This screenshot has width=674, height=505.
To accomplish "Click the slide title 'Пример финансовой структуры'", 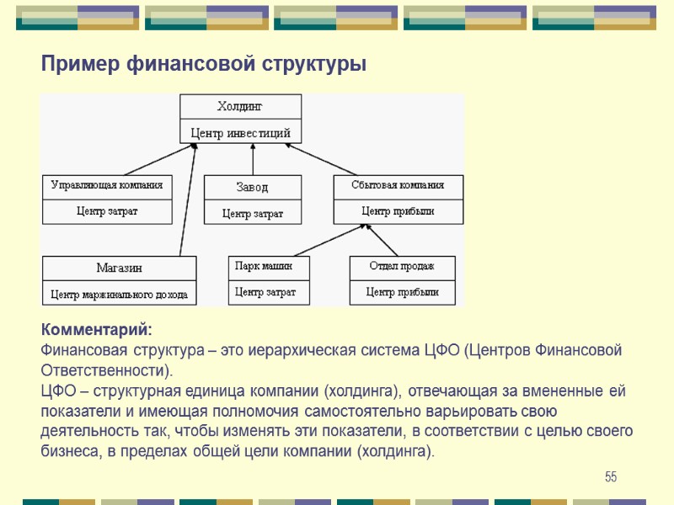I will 204,64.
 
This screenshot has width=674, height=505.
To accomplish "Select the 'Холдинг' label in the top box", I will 240,106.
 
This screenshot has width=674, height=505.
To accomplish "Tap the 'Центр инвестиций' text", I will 240,132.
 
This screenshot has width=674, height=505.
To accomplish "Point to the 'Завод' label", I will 252,187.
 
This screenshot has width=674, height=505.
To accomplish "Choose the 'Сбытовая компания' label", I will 398,184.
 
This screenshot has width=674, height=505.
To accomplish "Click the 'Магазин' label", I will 119,268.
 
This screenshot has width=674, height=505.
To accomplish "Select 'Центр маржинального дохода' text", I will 119,295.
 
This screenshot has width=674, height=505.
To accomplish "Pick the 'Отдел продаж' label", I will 402,266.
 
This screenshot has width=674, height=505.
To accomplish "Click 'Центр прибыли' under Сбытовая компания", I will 398,211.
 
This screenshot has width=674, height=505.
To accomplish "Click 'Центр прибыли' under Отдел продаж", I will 402,292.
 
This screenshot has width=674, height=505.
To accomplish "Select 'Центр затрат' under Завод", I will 252,214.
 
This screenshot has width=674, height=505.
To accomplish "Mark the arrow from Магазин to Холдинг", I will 187,202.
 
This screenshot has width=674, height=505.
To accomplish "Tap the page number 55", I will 611,477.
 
